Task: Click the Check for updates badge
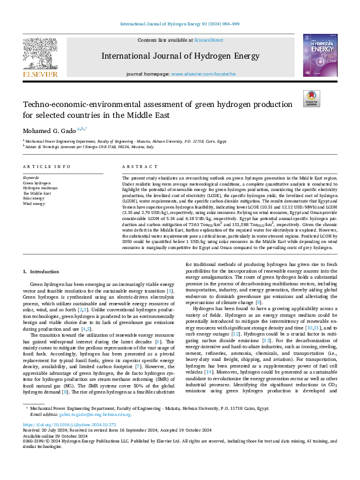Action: click(x=312, y=99)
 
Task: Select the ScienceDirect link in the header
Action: click(x=208, y=40)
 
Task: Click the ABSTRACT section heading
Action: click(x=136, y=166)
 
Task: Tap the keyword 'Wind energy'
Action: click(x=34, y=204)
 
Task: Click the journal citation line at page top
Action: click(x=180, y=24)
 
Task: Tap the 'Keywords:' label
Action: click(x=31, y=177)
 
